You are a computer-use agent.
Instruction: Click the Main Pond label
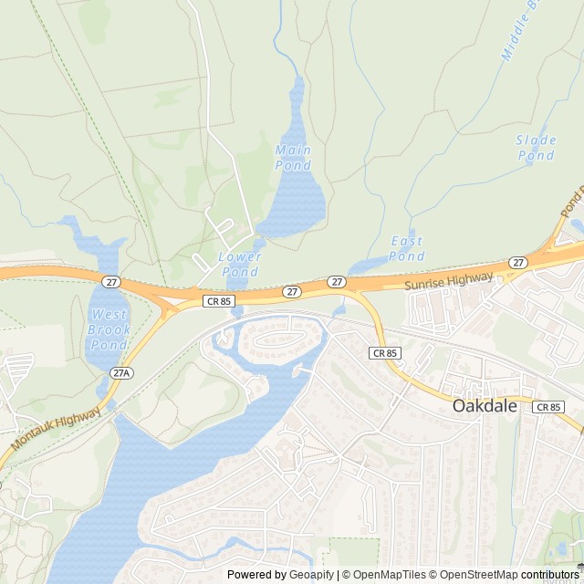point(293,157)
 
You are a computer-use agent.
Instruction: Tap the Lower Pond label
point(240,264)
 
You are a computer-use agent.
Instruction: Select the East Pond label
point(406,248)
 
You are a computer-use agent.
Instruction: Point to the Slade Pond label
point(536,148)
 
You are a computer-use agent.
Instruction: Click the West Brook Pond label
point(109,330)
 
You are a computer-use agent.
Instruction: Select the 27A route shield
point(122,373)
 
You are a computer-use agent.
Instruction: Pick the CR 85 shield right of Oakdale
point(549,407)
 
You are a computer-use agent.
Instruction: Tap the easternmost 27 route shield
point(518,263)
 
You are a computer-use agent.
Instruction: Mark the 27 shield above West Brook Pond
point(110,282)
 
